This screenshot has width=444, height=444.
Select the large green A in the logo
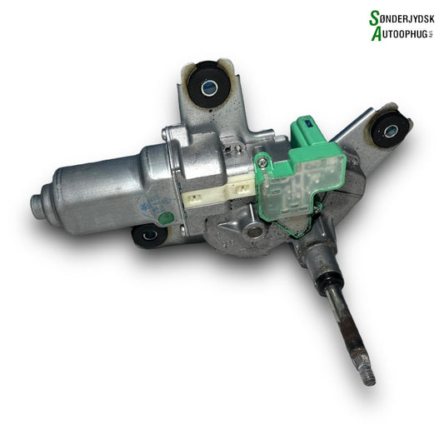coord(373,32)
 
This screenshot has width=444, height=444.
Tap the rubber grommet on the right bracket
coord(389,127)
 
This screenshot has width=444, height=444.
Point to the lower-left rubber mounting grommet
coord(150,236)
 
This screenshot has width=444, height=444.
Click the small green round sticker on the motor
coord(166,218)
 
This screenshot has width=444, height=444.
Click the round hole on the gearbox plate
coord(255,231)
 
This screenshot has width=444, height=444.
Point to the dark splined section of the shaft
coord(347,329)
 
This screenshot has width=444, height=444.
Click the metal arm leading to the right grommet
coord(354,133)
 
